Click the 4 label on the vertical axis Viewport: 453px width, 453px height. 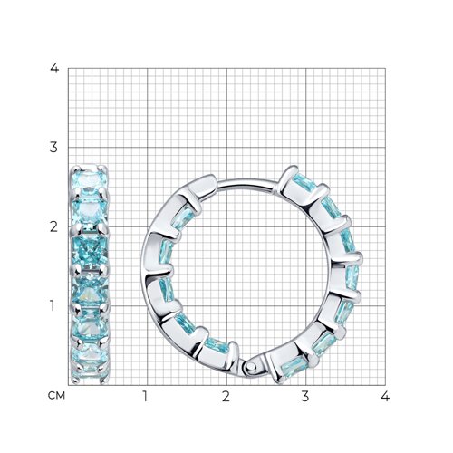click(x=54, y=68)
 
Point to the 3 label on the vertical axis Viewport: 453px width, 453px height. click(x=53, y=148)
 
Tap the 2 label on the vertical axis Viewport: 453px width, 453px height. click(x=53, y=226)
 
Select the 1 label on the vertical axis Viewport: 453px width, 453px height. click(x=53, y=306)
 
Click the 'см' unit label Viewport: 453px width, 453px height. click(x=56, y=396)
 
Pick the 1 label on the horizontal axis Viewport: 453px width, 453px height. click(x=145, y=396)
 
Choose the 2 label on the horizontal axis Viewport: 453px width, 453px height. click(x=226, y=396)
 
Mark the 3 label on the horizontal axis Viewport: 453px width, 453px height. click(x=305, y=396)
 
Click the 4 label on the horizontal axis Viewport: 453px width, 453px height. click(x=385, y=396)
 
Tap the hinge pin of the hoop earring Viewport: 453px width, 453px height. click(x=250, y=367)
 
